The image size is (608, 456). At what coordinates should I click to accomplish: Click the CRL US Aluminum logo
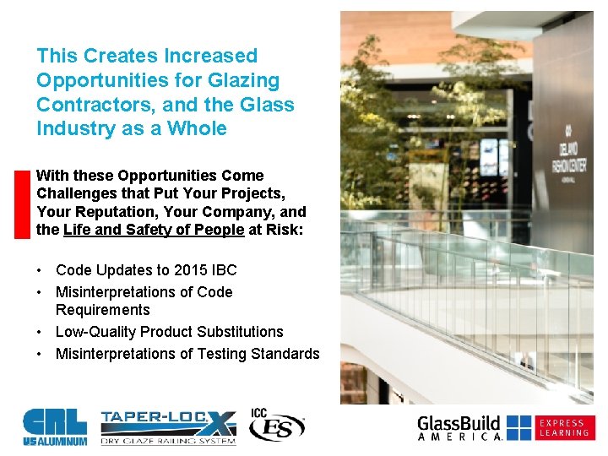(54, 426)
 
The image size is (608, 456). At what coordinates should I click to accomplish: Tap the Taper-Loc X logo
(167, 427)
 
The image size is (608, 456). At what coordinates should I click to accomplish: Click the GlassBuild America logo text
(460, 427)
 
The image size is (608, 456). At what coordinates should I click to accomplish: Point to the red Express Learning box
(564, 427)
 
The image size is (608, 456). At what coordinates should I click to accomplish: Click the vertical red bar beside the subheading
(23, 204)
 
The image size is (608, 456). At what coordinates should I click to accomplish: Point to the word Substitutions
(241, 332)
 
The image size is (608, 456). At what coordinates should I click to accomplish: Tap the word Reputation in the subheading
(107, 212)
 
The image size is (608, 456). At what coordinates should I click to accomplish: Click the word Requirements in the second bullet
(102, 310)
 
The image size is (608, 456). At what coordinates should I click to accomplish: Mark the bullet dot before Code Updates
(41, 270)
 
